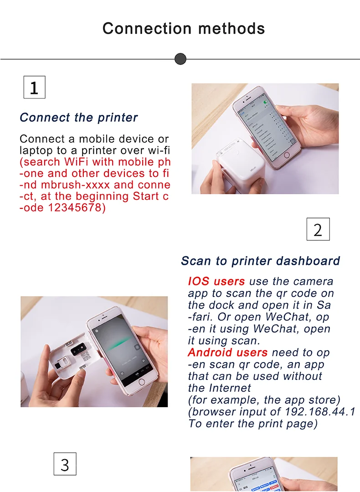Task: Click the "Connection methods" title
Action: point(184,28)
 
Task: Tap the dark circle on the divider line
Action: point(180,59)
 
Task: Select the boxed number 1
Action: point(35,87)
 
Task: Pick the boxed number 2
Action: point(318,229)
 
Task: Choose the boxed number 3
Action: point(65,464)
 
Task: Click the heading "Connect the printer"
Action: point(79,118)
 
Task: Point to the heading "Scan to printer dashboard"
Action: point(261,261)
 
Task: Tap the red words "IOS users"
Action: point(216,281)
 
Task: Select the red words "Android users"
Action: point(228,352)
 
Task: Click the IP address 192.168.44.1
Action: point(320,411)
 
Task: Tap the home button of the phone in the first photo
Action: point(286,155)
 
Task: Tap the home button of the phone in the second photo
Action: point(141,382)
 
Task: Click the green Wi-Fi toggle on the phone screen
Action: point(266,102)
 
